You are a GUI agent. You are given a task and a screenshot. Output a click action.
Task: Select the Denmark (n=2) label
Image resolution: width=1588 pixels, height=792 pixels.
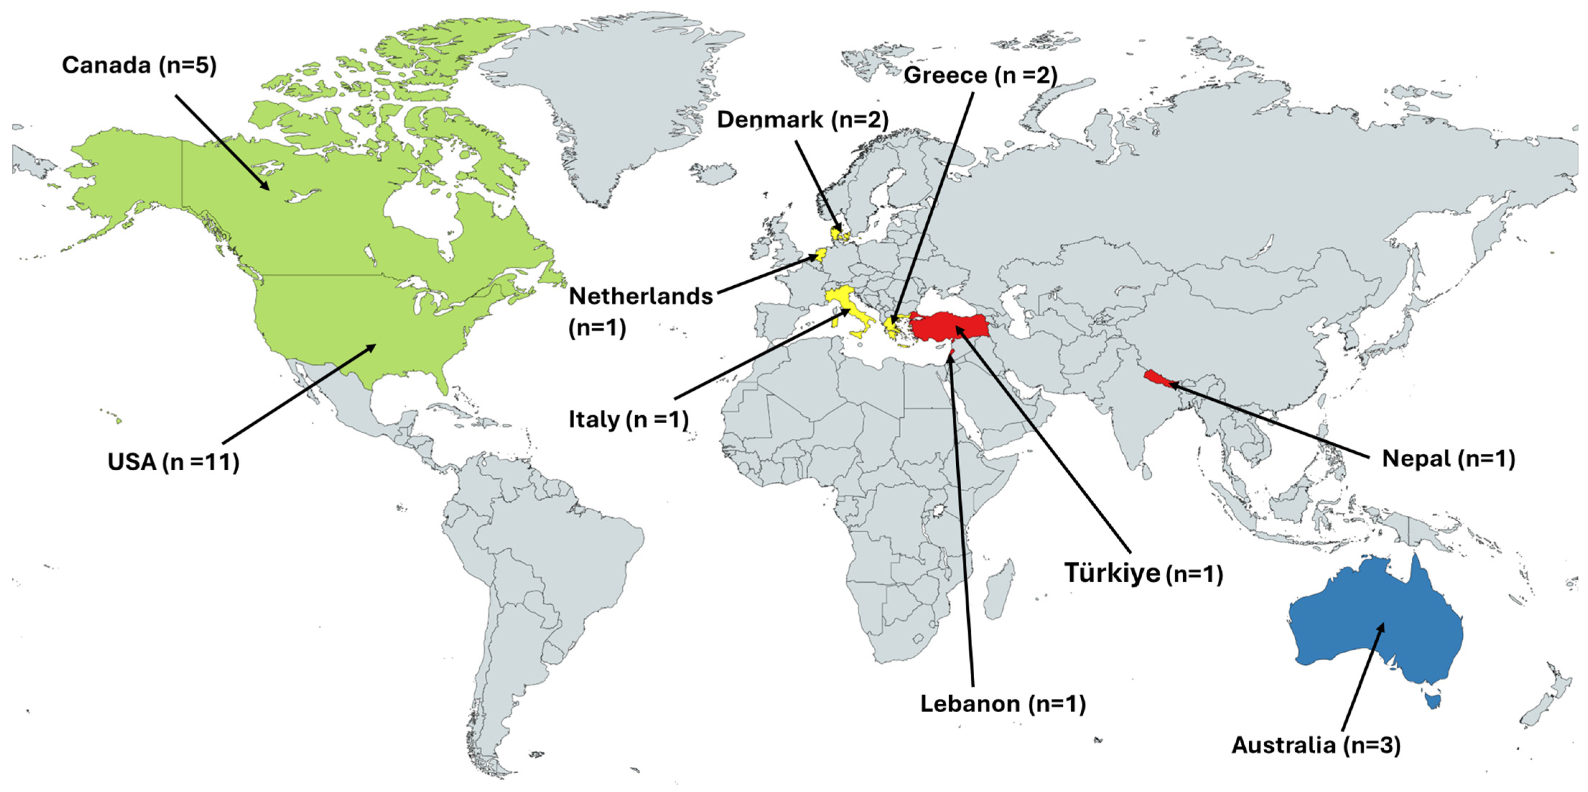point(802,120)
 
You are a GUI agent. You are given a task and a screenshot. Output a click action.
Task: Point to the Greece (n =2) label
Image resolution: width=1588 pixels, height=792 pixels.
point(980,75)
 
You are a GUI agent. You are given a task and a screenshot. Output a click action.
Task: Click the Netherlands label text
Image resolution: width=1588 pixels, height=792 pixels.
point(641,297)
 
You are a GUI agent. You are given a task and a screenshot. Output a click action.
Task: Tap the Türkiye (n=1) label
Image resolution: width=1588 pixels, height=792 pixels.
point(1143,573)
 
